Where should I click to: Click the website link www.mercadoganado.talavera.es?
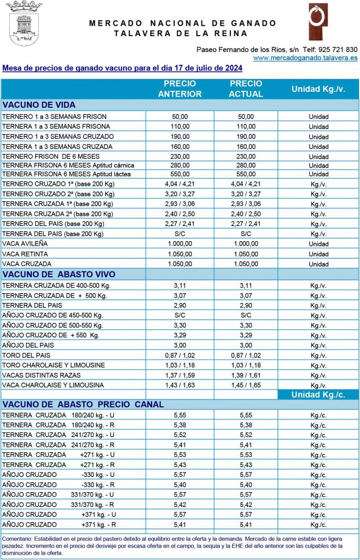click(x=305, y=57)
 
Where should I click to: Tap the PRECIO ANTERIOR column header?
click(x=180, y=89)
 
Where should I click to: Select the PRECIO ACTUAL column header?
click(x=246, y=89)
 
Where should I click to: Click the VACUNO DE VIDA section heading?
click(x=39, y=105)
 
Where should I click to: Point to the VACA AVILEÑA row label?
click(x=25, y=244)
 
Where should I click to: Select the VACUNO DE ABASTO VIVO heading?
click(x=59, y=274)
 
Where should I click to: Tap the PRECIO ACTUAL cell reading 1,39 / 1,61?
click(x=246, y=375)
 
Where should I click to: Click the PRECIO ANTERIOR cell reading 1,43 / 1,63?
click(x=180, y=385)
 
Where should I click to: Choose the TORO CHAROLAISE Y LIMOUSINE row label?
click(x=54, y=365)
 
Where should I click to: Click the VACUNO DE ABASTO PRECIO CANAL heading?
click(x=83, y=405)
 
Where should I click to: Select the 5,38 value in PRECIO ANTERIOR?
click(x=180, y=424)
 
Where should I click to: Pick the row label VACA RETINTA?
click(x=25, y=254)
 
